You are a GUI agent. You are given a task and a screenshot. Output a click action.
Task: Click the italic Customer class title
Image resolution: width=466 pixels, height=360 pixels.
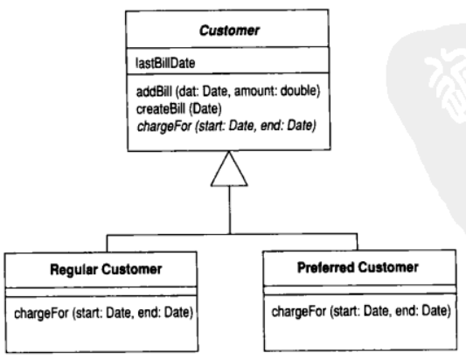click(229, 31)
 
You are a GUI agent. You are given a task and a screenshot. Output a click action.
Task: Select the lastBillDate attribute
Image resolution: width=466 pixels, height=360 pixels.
click(165, 63)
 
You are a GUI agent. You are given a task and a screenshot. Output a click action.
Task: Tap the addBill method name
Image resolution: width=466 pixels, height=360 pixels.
click(154, 92)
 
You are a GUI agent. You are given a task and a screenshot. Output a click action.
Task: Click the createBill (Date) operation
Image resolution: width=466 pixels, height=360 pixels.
click(179, 109)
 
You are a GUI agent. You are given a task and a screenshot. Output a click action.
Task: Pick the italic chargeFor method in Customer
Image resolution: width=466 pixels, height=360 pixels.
click(226, 126)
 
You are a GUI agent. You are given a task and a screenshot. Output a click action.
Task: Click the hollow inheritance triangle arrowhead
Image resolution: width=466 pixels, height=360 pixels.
click(229, 169)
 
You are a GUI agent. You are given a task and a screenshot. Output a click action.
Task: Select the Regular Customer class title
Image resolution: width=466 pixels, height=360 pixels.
click(106, 269)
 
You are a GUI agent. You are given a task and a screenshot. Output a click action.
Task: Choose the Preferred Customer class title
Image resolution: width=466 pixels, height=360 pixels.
click(358, 267)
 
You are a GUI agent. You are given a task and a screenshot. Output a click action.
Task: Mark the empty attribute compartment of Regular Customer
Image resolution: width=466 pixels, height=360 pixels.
click(101, 292)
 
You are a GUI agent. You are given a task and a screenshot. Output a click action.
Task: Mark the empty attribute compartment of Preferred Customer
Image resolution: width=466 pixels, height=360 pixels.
click(360, 289)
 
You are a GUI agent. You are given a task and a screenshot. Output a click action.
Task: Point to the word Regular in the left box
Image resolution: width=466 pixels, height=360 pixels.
click(74, 270)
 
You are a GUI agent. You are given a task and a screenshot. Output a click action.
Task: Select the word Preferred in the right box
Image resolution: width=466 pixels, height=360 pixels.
click(325, 267)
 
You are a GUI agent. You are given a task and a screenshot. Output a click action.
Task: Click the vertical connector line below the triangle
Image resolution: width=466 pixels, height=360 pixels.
click(229, 210)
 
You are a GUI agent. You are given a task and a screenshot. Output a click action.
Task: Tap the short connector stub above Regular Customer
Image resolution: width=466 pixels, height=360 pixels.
click(107, 243)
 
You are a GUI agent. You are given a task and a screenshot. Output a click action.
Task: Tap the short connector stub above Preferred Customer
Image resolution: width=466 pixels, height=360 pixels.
click(358, 242)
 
